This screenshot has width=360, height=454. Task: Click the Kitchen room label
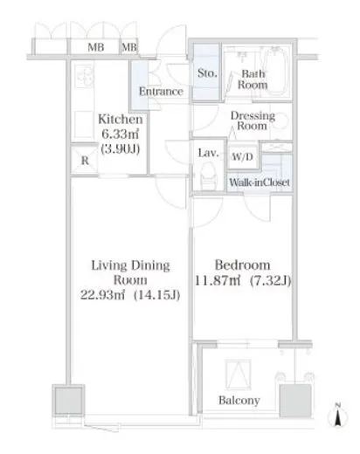(x=121, y=120)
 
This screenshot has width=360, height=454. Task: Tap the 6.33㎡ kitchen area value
(x=120, y=134)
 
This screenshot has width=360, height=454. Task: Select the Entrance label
(x=161, y=92)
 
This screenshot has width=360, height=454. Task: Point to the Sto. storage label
(x=207, y=73)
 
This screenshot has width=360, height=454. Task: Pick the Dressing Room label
(x=253, y=120)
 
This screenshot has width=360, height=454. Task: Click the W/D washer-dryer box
(x=242, y=157)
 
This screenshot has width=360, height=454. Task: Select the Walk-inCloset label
(x=260, y=182)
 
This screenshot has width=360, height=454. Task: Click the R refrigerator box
(x=85, y=160)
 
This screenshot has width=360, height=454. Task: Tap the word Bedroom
(x=242, y=265)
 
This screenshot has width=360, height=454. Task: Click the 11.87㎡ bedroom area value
(x=218, y=281)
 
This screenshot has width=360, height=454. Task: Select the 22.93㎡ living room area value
(x=102, y=295)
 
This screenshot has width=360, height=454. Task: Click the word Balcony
(x=239, y=401)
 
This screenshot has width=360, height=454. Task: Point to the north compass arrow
(x=338, y=416)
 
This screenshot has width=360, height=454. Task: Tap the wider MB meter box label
(x=96, y=47)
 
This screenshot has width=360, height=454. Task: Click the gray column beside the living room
(x=69, y=401)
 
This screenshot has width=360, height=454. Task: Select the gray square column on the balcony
(x=295, y=401)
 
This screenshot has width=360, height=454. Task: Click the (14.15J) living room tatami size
(x=156, y=295)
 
